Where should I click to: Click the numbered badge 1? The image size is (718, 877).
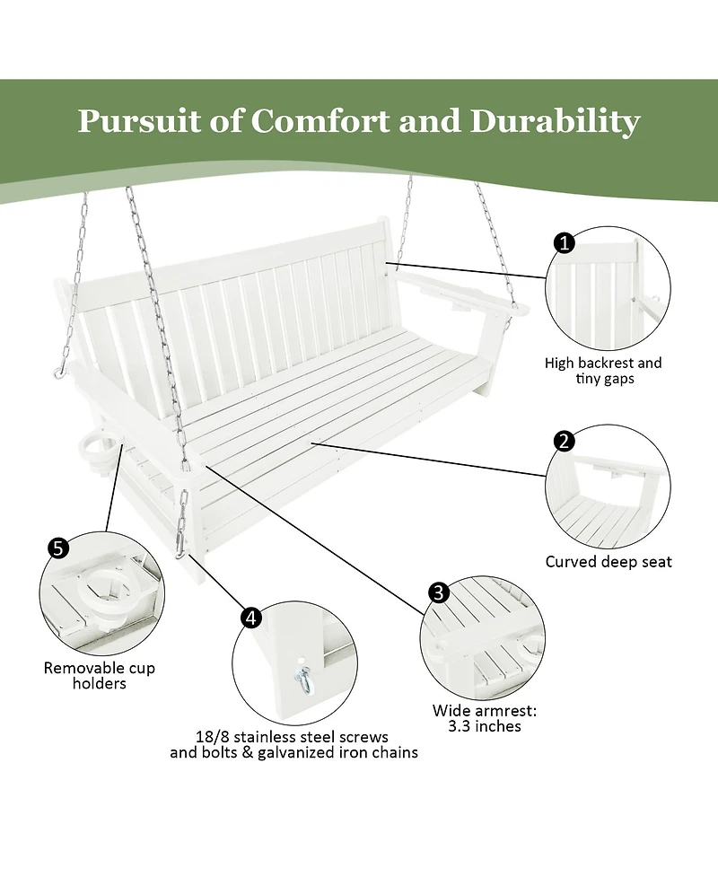tap(565, 242)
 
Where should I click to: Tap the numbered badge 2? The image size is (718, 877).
tap(565, 441)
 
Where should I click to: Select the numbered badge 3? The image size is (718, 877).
tap(439, 592)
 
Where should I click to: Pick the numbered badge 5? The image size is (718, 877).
tap(58, 548)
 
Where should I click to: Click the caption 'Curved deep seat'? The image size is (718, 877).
tap(609, 562)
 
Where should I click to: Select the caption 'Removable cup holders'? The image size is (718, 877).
tap(100, 675)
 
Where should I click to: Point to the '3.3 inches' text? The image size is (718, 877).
tap(485, 725)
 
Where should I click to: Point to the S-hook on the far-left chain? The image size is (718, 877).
tap(60, 369)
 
